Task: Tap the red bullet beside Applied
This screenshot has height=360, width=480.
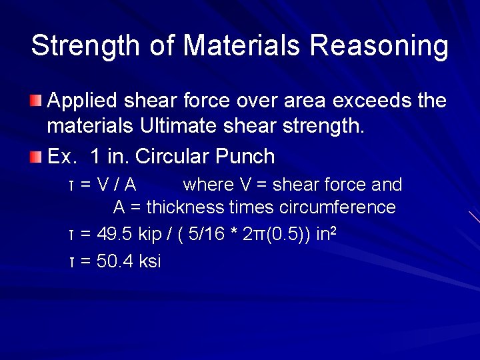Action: tap(35, 101)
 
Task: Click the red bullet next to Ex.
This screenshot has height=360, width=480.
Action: tap(35, 157)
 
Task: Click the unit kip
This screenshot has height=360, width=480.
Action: tap(145, 234)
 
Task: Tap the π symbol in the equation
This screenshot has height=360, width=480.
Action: tap(255, 235)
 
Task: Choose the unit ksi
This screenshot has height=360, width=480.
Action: tap(150, 261)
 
